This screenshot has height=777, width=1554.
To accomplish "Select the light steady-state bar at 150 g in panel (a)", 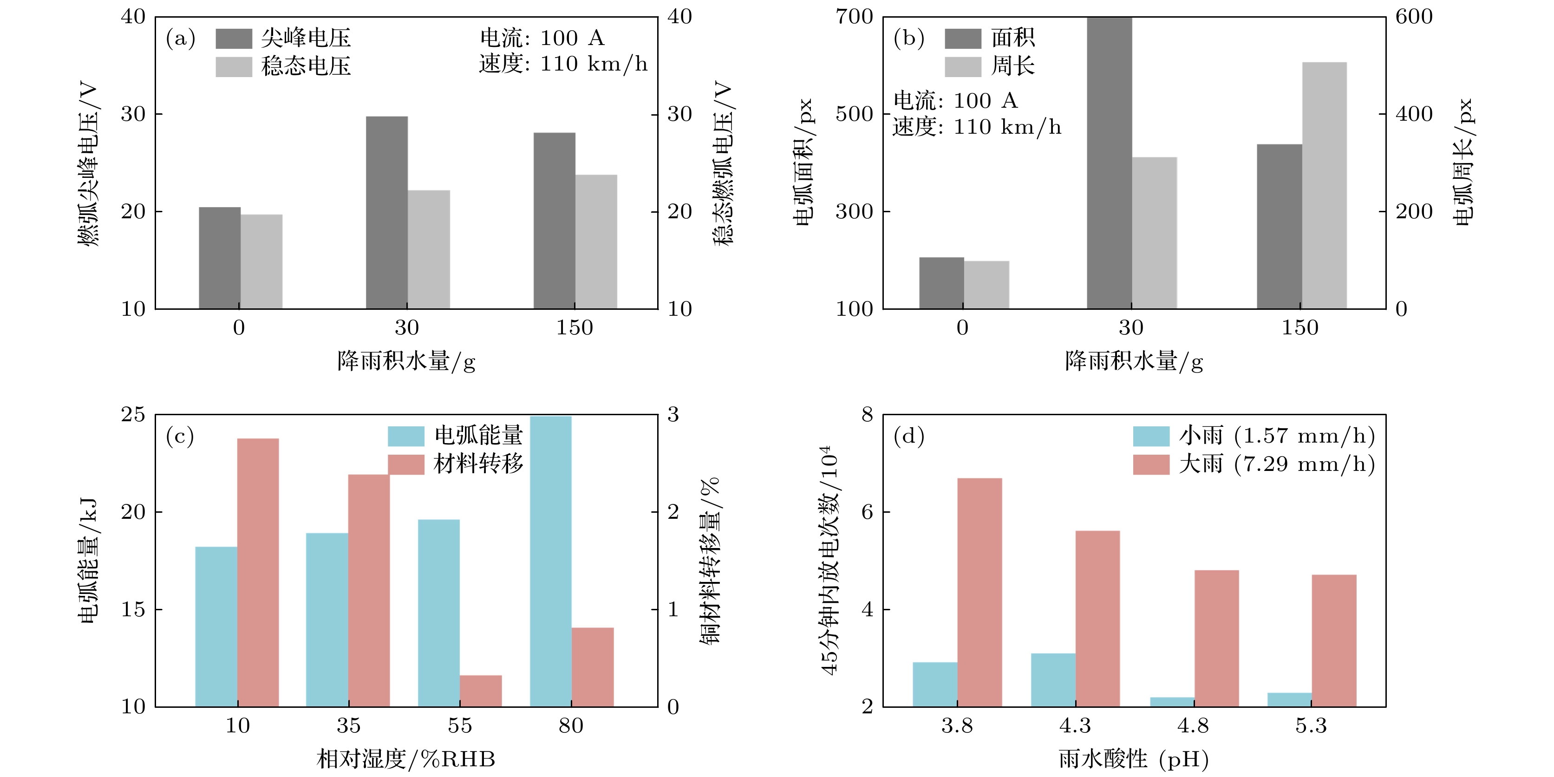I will tap(596, 242).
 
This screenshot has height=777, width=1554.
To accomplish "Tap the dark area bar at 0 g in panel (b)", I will tap(941, 283).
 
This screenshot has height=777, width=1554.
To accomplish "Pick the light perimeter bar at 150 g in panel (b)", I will tap(1324, 185).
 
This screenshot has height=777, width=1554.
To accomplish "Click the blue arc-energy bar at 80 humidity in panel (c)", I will tap(550, 561).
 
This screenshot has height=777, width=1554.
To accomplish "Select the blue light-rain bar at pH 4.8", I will tap(1172, 702).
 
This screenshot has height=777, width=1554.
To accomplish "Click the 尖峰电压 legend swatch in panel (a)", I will tap(234, 39).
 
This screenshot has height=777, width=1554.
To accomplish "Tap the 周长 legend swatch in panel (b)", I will tap(962, 66).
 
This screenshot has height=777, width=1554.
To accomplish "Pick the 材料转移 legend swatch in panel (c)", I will tap(405, 464).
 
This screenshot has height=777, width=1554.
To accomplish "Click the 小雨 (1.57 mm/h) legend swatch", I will tap(1151, 436).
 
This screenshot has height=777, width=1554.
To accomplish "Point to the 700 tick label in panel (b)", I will tap(854, 17).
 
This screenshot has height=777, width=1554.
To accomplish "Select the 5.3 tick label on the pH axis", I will tap(1311, 726).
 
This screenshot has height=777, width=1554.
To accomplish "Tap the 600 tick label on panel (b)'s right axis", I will tap(1413, 17).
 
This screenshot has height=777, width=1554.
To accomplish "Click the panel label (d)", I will tap(908, 436).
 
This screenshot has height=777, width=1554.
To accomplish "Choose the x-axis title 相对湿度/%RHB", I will tap(406, 759).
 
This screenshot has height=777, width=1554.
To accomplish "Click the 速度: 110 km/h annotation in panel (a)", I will tap(563, 64).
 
